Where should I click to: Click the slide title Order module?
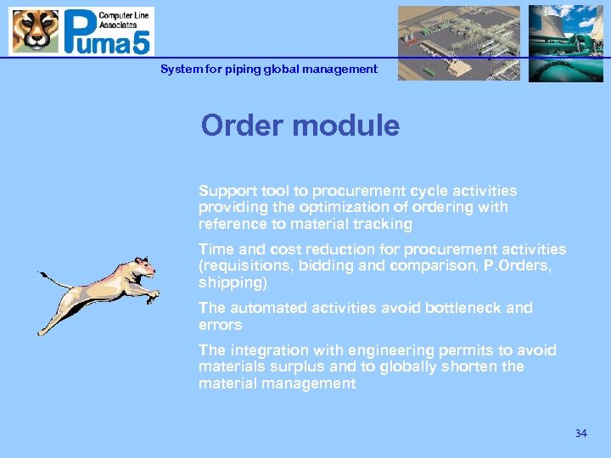[300, 126]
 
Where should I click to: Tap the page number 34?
[580, 433]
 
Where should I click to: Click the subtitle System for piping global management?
[269, 70]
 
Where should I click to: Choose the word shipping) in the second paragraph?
[232, 282]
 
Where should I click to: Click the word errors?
[220, 325]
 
